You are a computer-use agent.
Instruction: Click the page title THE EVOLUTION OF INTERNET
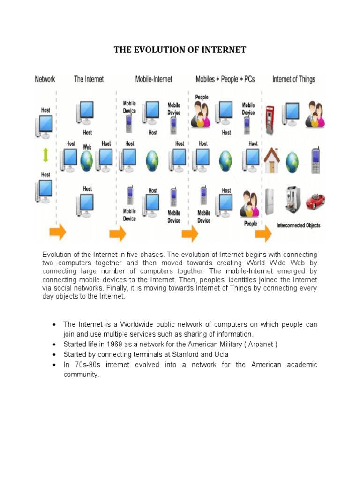click(x=180, y=50)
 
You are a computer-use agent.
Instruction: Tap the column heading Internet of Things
click(x=293, y=79)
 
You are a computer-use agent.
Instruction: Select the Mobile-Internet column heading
click(x=154, y=79)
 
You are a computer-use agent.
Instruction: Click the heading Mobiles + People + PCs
click(x=225, y=79)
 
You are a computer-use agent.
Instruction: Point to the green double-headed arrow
click(x=45, y=154)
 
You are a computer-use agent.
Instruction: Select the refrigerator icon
click(x=270, y=201)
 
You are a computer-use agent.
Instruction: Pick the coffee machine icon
click(x=293, y=200)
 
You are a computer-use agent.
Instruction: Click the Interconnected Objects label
click(x=298, y=225)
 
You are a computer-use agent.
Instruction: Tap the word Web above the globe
click(x=87, y=147)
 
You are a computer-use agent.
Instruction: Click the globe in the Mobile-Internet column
click(x=153, y=160)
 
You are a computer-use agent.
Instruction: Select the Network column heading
click(x=45, y=79)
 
